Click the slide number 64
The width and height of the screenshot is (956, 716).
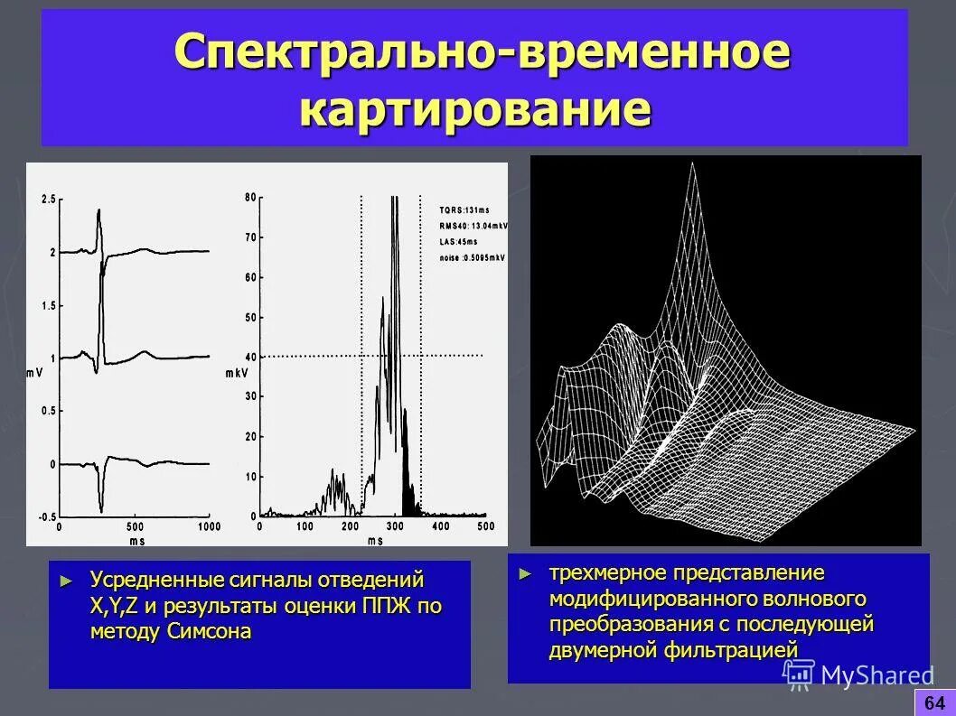[x=934, y=702]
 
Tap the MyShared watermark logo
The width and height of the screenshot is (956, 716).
[x=858, y=675]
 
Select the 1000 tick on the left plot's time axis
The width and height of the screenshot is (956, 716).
[x=209, y=526]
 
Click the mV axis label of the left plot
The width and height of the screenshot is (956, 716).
[x=34, y=371]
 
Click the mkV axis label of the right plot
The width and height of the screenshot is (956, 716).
[x=236, y=371]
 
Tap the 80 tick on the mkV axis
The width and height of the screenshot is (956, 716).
[x=250, y=197]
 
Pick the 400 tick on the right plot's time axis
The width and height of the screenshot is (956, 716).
[x=440, y=526]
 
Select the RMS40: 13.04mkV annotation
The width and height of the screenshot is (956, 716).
[x=473, y=226]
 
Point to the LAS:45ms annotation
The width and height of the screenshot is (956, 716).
[x=458, y=241]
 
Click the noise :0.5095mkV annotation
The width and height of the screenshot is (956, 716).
[x=472, y=257]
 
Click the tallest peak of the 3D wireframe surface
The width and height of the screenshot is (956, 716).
[x=692, y=168]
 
